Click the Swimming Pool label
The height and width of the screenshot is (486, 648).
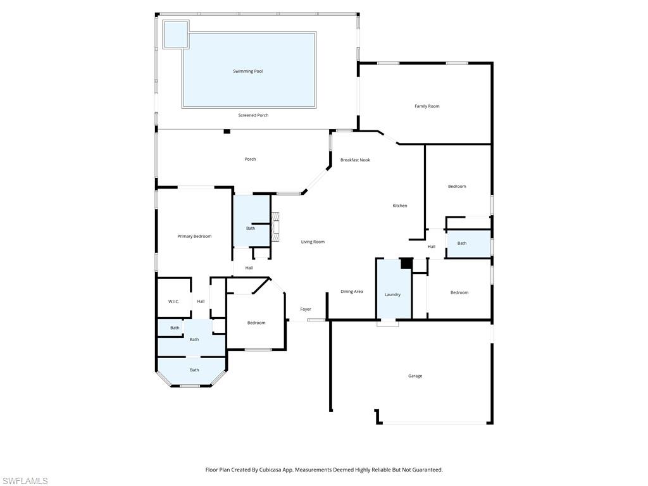247,72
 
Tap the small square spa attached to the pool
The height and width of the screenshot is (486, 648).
175,34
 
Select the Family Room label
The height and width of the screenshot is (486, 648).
427,106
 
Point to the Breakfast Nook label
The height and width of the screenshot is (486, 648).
355,160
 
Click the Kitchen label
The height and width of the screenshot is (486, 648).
399,206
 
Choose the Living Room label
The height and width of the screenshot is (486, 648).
313,242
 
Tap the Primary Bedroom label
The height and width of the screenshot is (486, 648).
194,236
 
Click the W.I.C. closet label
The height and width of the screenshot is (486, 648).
173,302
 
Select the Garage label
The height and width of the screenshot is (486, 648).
414,376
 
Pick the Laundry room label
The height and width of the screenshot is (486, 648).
392,295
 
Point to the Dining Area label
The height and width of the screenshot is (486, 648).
352,292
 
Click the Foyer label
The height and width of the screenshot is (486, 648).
306,309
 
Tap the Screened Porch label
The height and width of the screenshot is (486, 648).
253,115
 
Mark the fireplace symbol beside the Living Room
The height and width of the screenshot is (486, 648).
275,226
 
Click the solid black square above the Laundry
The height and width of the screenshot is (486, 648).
406,263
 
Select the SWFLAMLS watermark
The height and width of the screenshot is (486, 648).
24,481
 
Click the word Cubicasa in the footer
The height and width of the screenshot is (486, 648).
263,470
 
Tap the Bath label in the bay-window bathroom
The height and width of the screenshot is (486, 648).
194,370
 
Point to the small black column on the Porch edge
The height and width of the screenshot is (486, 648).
227,132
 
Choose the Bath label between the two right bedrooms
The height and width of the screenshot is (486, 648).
462,244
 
